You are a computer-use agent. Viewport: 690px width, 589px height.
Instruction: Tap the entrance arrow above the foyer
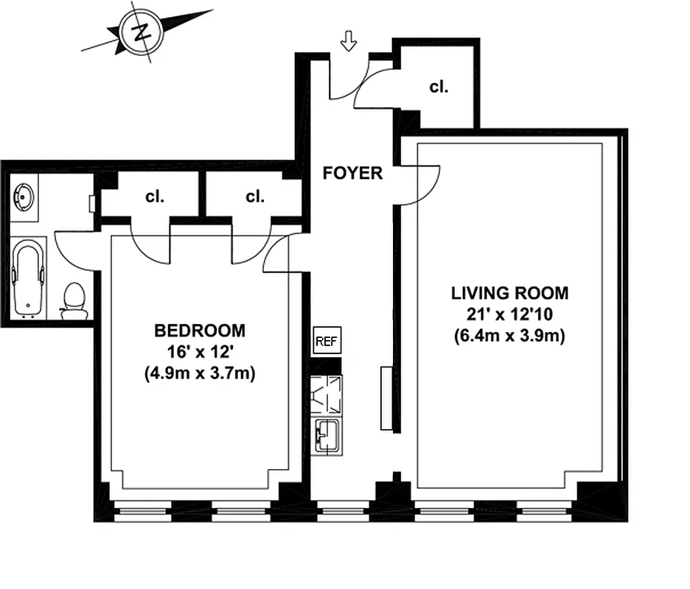click(x=349, y=43)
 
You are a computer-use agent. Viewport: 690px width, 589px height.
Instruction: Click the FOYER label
click(x=352, y=174)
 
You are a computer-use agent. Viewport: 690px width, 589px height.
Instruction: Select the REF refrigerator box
click(x=325, y=340)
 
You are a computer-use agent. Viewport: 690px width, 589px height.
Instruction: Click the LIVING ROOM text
click(x=509, y=293)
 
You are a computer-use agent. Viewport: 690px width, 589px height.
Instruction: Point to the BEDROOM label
click(x=199, y=330)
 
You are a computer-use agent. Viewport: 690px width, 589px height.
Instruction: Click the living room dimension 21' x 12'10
click(x=509, y=315)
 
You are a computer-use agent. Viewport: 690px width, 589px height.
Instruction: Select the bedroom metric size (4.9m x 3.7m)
click(x=199, y=373)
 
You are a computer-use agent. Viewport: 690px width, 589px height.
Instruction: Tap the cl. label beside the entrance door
click(x=439, y=87)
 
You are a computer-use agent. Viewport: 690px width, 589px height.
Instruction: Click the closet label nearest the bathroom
click(x=154, y=197)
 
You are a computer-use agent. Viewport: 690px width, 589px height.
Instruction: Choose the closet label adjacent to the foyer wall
click(x=254, y=197)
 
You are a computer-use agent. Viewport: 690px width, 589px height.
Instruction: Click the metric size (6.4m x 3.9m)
click(x=509, y=336)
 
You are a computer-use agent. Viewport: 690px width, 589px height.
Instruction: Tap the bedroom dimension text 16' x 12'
click(x=199, y=352)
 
